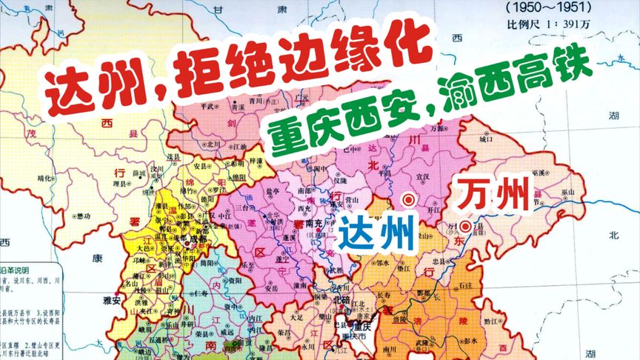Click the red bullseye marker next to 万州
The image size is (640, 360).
464,226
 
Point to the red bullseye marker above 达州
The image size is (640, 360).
407,199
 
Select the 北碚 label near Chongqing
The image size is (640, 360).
341,299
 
